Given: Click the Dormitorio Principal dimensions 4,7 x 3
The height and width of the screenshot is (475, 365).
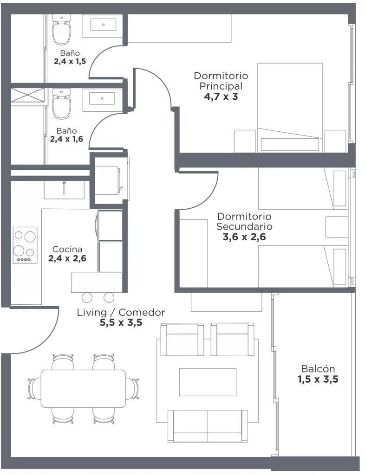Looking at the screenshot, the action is pyautogui.click(x=221, y=97).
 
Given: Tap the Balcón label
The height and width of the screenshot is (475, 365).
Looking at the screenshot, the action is pyautogui.click(x=318, y=369).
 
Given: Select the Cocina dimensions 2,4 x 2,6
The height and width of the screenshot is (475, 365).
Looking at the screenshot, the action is pyautogui.click(x=67, y=258).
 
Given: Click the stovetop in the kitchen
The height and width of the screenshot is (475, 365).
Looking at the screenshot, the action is pyautogui.click(x=25, y=245).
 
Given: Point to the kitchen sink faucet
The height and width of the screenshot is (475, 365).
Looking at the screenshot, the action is pyautogui.click(x=64, y=188).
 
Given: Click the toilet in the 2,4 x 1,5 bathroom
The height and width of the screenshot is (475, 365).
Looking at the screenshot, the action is pyautogui.click(x=62, y=29).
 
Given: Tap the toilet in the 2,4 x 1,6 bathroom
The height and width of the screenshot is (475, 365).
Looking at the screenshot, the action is pyautogui.click(x=62, y=103).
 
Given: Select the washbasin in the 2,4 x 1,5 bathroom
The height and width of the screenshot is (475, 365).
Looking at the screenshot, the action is pyautogui.click(x=103, y=25).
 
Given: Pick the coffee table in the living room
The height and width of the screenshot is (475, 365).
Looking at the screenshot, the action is pyautogui.click(x=208, y=382).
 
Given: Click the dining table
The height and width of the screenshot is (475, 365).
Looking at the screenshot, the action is pyautogui.click(x=84, y=389).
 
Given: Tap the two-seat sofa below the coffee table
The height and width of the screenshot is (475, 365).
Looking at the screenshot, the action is pyautogui.click(x=208, y=427).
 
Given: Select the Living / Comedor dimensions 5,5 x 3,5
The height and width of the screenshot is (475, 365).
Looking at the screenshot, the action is pyautogui.click(x=121, y=323).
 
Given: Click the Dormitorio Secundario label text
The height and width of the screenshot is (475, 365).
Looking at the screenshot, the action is pyautogui.click(x=244, y=221).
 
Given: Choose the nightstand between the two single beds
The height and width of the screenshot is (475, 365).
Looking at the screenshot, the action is pyautogui.click(x=337, y=227).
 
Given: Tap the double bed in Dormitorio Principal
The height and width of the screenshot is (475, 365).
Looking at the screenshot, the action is pyautogui.click(x=290, y=108).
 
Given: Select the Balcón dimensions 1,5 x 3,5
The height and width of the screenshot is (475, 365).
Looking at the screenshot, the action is pyautogui.click(x=318, y=379).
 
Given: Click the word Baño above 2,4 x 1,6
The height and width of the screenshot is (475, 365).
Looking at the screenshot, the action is pyautogui.click(x=66, y=131).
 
